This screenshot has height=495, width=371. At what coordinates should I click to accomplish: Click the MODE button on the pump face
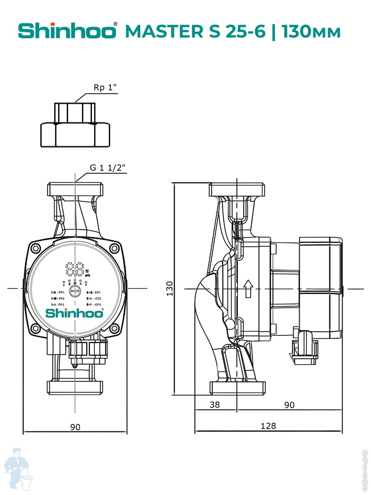75,291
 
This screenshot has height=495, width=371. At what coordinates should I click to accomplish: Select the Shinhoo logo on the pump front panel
74,313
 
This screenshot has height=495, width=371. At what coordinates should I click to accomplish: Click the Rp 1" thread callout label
105,88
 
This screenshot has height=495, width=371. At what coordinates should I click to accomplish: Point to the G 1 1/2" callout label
107,168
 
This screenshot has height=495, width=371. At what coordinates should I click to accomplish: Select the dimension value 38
215,405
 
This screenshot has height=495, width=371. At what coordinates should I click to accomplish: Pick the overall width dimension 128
268,426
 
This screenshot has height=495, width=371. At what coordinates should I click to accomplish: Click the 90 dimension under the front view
75,427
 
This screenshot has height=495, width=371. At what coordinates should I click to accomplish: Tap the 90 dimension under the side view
289,405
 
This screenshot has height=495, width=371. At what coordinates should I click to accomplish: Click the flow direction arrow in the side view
247,288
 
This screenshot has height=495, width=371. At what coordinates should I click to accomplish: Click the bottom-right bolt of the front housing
114,329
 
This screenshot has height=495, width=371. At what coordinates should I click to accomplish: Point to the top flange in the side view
237,190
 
